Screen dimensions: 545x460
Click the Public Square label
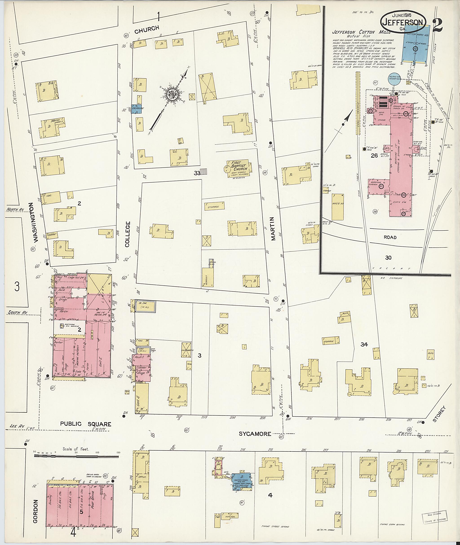pos(86,424)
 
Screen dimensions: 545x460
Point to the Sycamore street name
pos(255,433)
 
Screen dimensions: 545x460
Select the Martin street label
pos(273,228)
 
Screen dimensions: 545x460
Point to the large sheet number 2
pos(439,25)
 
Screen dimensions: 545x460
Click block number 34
pos(364,344)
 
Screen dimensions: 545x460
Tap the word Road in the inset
pos(390,237)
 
